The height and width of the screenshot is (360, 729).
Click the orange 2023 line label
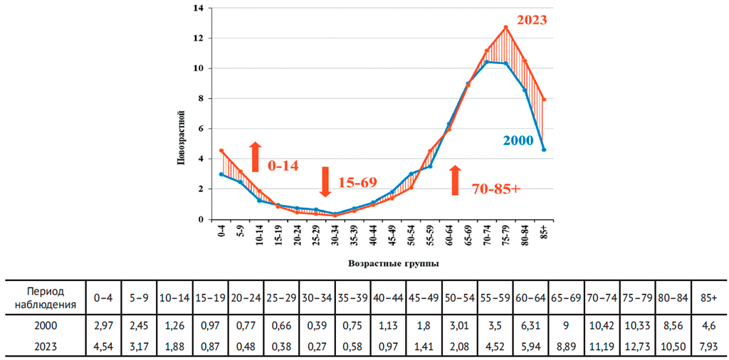[x=531, y=20]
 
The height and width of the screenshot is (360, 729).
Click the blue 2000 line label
[x=518, y=141]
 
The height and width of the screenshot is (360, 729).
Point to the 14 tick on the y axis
[x=199, y=8]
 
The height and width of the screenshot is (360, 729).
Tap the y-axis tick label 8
[x=201, y=98]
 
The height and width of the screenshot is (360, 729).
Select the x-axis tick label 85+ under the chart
[x=544, y=231]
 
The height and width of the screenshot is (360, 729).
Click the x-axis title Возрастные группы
[x=393, y=263]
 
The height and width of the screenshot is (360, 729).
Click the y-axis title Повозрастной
[x=181, y=137]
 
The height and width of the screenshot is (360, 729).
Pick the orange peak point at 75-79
[x=505, y=28]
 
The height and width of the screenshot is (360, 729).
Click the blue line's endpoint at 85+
[x=544, y=149]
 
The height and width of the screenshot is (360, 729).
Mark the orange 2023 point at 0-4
[x=221, y=151]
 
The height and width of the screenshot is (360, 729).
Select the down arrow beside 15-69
[x=325, y=181]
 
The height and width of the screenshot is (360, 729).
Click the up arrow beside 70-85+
[x=456, y=180]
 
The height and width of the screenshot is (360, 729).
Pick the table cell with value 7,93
[x=708, y=346]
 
